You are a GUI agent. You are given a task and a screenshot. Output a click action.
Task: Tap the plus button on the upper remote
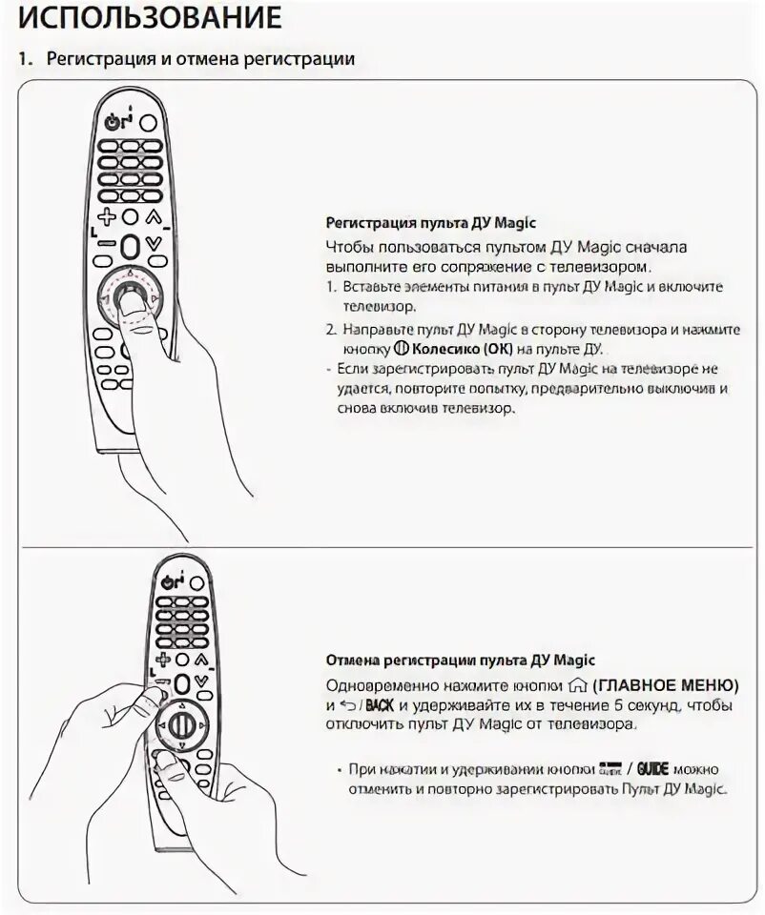click(107, 217)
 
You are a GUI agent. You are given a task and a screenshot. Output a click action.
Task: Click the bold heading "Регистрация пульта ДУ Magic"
click(431, 224)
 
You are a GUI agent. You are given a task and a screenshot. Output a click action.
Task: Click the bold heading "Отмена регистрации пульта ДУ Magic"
click(461, 661)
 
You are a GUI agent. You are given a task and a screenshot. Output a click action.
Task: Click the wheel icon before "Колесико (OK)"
click(401, 349)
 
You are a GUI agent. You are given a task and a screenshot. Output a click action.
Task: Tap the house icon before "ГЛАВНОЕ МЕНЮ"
click(574, 686)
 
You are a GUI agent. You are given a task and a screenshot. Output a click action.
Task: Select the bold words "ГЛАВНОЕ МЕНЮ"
click(665, 686)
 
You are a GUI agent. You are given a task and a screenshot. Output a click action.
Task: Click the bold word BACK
click(380, 706)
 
